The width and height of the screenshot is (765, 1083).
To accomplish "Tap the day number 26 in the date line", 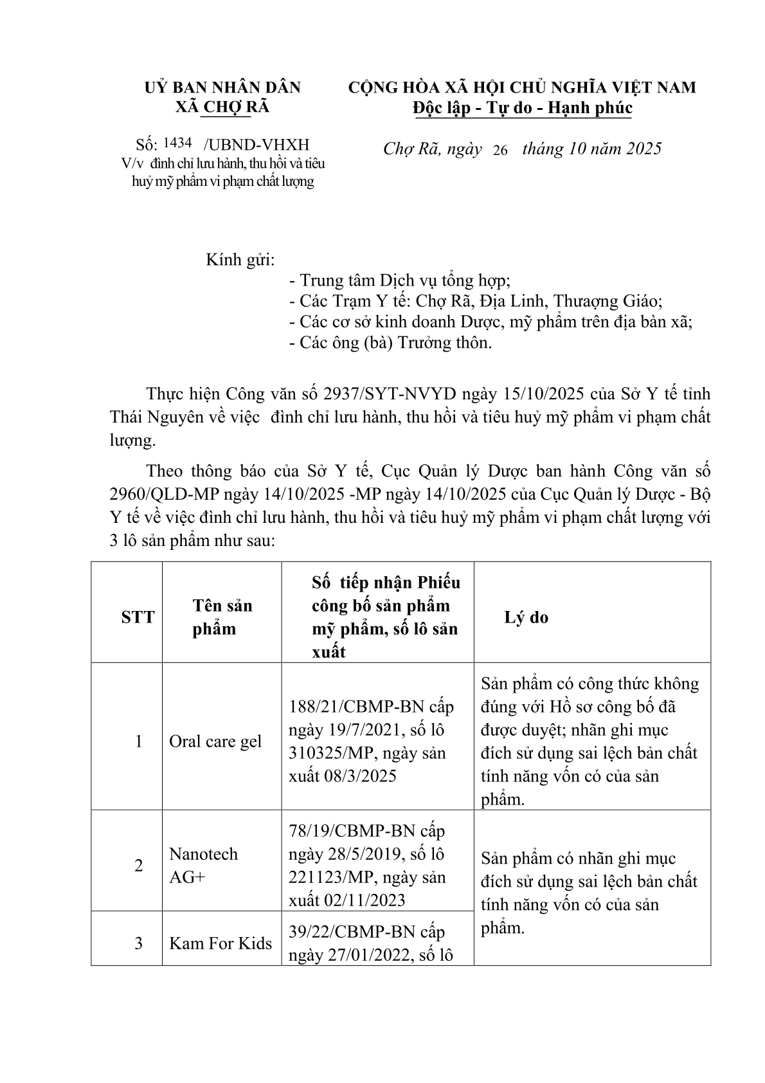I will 500,150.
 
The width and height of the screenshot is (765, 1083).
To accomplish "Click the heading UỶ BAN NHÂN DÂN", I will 222,87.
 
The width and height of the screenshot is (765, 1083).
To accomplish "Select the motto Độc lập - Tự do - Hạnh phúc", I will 522,108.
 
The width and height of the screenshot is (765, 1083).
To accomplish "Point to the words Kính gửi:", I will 240,260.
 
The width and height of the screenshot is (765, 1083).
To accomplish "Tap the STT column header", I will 138,617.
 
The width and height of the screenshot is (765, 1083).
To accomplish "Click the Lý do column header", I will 526,617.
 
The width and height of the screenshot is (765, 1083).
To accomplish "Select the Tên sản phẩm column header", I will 222,617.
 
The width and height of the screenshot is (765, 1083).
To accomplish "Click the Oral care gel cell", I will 215,741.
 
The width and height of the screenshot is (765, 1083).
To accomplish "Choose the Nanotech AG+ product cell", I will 203,865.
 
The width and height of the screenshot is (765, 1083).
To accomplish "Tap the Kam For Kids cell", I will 221,943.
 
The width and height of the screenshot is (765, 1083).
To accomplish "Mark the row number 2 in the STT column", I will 138,865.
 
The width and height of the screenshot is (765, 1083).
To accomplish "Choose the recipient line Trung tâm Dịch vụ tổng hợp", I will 400,280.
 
